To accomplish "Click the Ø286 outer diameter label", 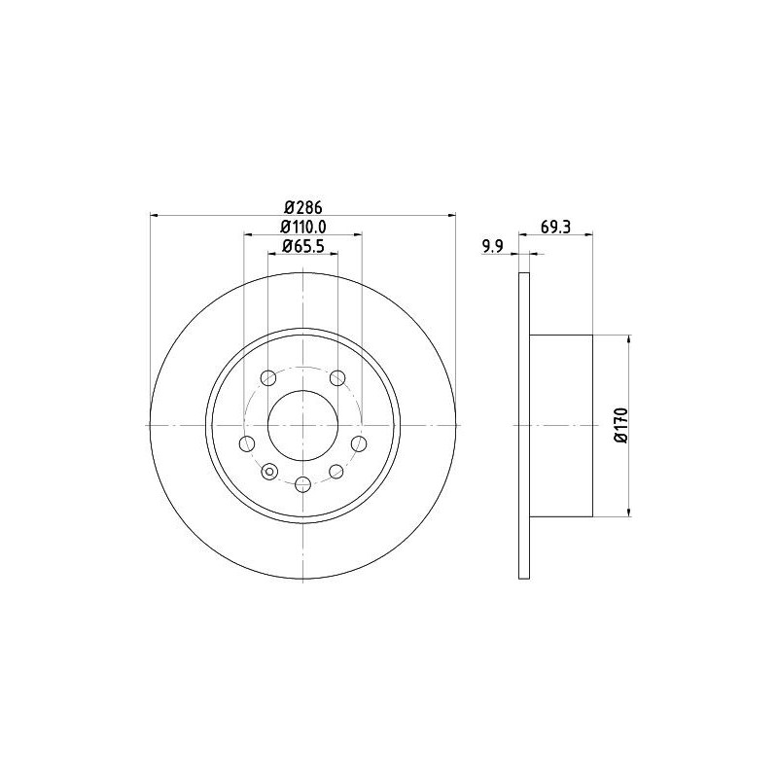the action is coord(303,206).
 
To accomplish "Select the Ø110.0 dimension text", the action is coord(303,227).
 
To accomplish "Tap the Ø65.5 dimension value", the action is coord(303,246).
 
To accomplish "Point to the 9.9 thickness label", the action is coord(492,246).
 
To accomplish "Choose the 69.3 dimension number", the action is coord(555,227).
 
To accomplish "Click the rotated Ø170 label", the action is coord(621,425).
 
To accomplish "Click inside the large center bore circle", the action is coord(302,425).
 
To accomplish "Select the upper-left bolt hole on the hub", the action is coord(268,377).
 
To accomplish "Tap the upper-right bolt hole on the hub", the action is coord(337,377).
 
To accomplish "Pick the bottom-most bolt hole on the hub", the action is coord(302,484).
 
